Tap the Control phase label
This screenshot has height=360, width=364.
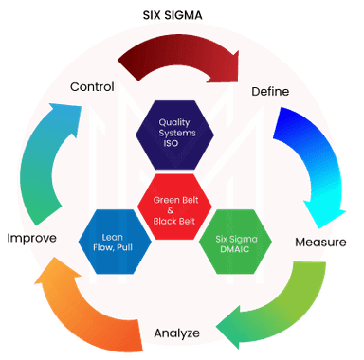[92, 87]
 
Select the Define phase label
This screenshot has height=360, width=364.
[269, 91]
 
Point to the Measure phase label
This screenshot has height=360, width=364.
[319, 242]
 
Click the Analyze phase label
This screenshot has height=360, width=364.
[176, 333]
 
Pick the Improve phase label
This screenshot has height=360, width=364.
[32, 237]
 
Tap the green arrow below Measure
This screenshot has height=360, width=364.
[275, 303]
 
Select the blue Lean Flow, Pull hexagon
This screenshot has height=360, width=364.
[113, 243]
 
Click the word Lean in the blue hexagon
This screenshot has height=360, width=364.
[113, 237]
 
